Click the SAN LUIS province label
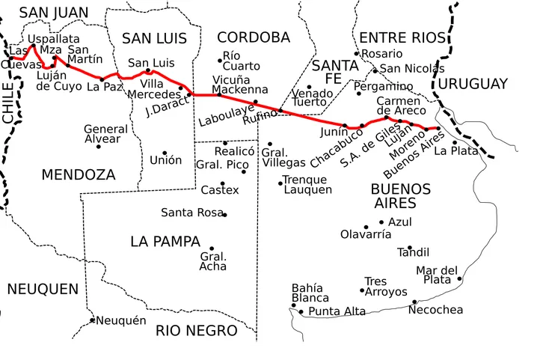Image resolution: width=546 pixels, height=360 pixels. coord(154,38)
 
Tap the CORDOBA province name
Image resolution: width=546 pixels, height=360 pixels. coord(253,37)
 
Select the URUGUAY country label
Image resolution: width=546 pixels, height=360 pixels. coord(473,84)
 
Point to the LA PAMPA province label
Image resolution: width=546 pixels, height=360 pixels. coord(165,242)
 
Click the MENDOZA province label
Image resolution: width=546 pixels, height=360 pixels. coord(79,175)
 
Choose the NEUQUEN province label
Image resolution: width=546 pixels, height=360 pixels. coord(43,289)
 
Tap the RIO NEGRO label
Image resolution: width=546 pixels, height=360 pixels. coord(196,330)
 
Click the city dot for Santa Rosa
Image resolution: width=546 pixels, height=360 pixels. coord(224,215)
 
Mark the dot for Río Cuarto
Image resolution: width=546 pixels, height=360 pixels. coord(220,60)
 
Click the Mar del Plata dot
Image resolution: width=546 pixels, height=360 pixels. coord(459,279)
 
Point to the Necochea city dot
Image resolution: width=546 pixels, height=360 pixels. coord(414,302)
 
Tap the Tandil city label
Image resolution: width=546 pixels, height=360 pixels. coord(414,252)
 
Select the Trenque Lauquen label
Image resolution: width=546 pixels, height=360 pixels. coord(305,185)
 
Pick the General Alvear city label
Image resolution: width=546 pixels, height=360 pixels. coord(105,134)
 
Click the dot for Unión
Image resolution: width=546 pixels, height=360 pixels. coord(165,153)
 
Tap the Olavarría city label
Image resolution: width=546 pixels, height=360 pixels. coord(365,234)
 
